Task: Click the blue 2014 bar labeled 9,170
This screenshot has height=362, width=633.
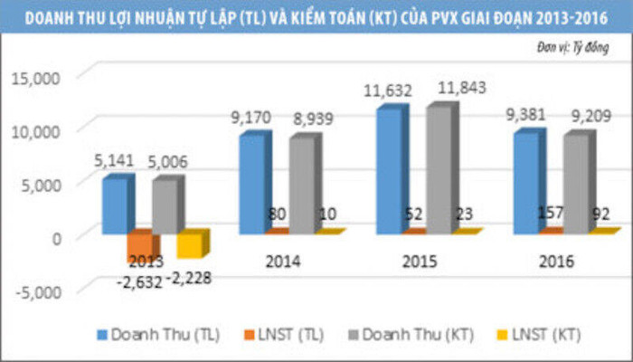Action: coord(251,185)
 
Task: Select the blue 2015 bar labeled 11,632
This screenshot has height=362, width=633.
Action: coord(388,171)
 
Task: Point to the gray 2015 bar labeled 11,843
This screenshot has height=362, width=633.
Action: coord(438,170)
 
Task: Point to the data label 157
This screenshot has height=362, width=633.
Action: coord(552,214)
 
